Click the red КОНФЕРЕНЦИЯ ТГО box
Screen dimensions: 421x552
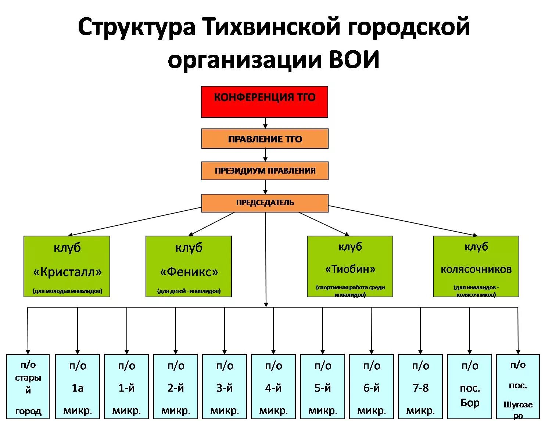[264, 102]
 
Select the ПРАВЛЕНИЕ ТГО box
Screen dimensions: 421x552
[265, 139]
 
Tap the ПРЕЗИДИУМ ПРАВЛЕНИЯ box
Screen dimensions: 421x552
[265, 171]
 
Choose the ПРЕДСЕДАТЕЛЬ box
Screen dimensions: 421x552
[265, 203]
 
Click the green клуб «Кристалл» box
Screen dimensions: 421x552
[67, 266]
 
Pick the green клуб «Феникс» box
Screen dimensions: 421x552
[189, 266]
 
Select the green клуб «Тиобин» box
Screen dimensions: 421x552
[350, 266]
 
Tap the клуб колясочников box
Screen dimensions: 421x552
[476, 266]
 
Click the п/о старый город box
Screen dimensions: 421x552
[28, 386]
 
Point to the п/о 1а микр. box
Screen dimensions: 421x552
[78, 386]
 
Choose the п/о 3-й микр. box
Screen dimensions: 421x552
[225, 386]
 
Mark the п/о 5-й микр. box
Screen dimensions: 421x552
[323, 386]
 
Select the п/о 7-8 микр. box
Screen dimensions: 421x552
[420, 386]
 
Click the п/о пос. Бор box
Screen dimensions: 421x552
[470, 386]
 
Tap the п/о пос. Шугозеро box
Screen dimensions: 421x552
[518, 386]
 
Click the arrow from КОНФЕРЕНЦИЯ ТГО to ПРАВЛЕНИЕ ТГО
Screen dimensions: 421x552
[265, 123]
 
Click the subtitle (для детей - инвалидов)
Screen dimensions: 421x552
[189, 291]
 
